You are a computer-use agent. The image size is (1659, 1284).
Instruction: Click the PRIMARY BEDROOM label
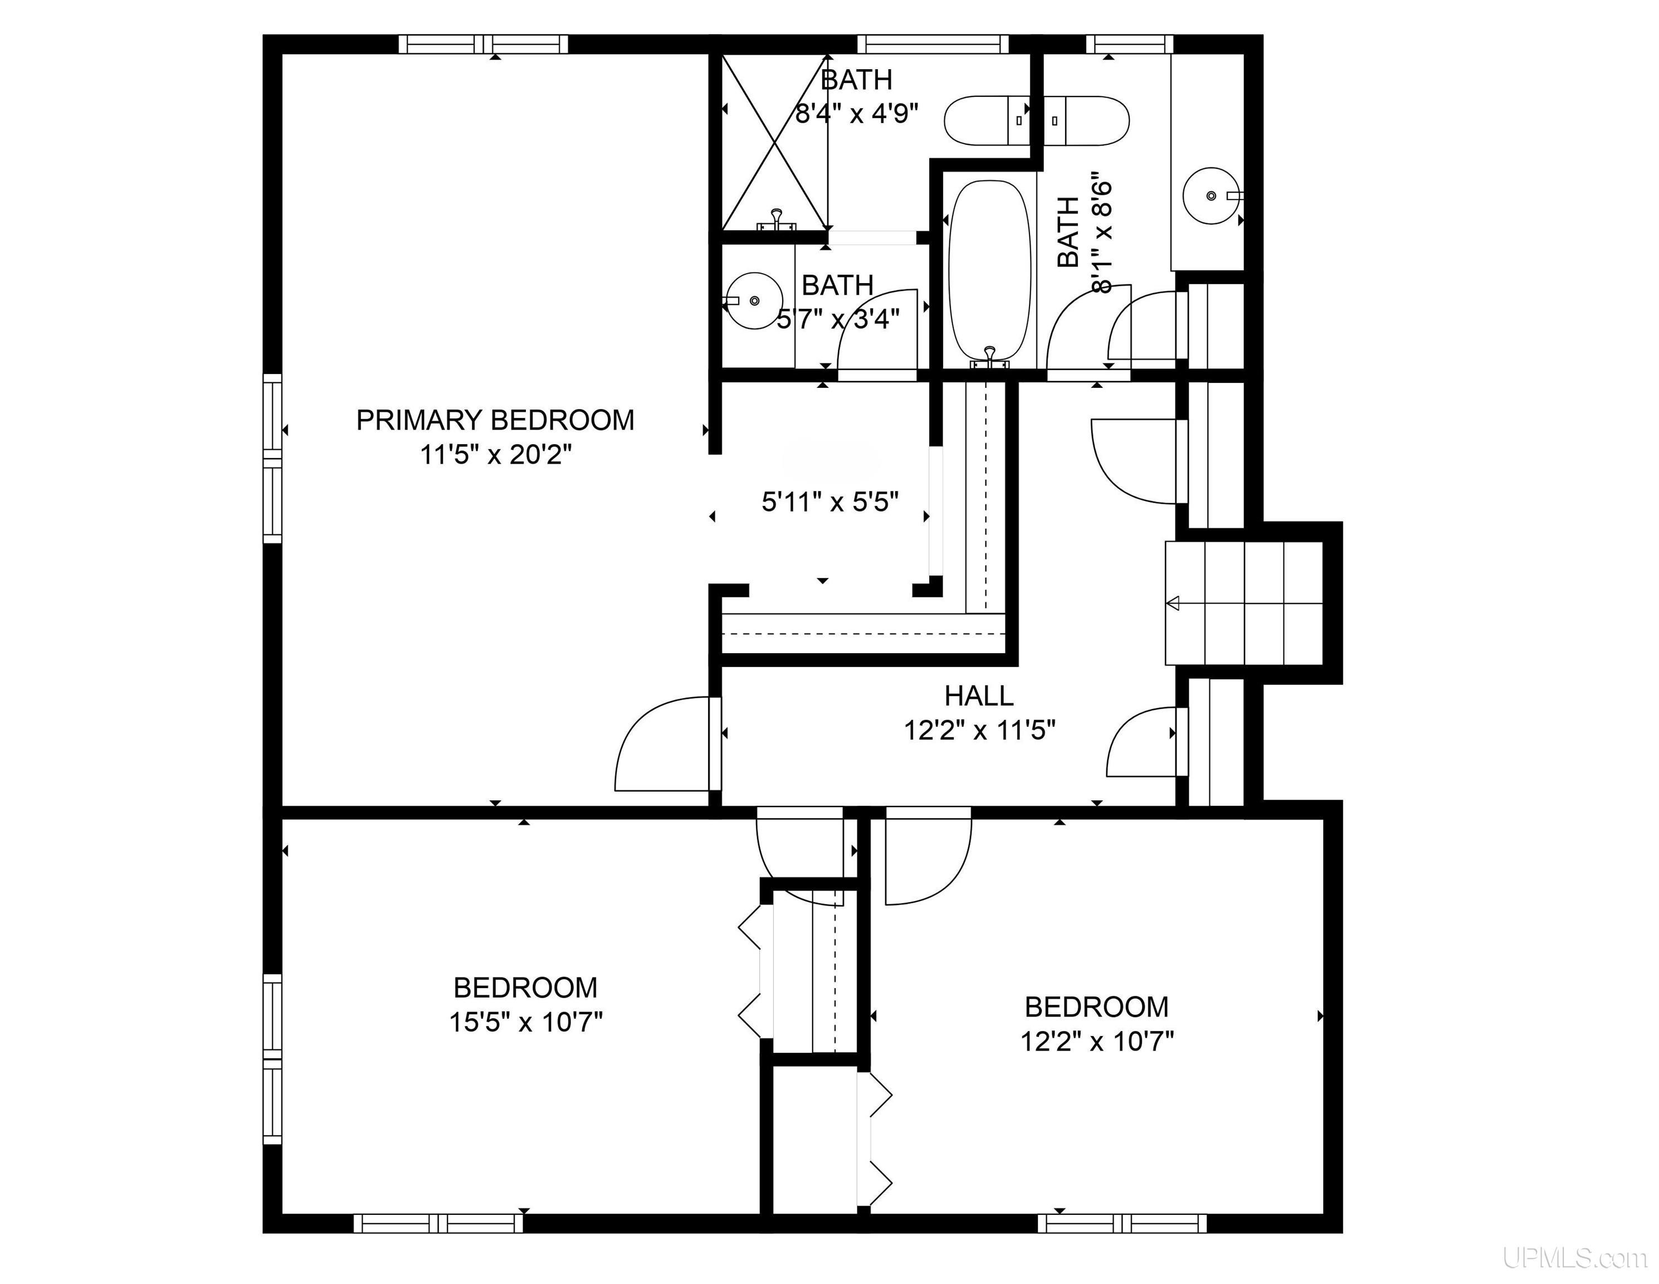[495, 420]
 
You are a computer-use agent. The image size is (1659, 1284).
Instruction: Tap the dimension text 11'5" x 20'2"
[495, 455]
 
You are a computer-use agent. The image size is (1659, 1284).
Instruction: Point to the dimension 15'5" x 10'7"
[526, 1023]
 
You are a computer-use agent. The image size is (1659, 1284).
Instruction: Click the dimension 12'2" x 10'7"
[1097, 1042]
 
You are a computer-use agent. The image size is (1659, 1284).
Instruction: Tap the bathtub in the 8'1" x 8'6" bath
[990, 270]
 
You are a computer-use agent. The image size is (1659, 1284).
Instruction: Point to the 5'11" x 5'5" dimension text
[830, 502]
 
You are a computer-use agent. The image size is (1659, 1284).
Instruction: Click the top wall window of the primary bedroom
[484, 44]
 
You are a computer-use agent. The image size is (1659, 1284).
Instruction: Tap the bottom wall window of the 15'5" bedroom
[438, 1223]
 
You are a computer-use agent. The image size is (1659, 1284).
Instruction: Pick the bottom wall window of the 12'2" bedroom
[1122, 1223]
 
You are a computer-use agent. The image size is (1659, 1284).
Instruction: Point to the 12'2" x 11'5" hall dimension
[979, 731]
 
